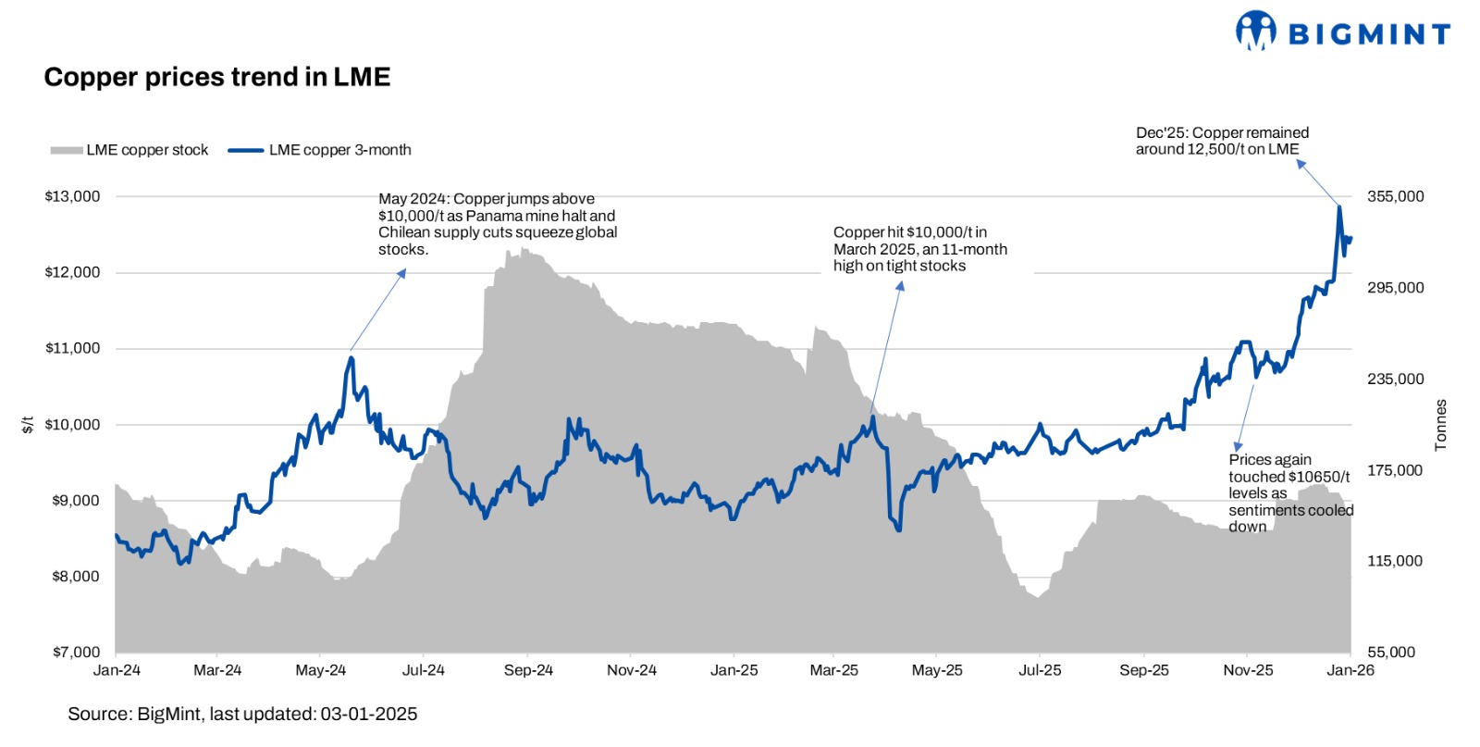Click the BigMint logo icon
[1255, 31]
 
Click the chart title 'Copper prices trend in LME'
[217, 77]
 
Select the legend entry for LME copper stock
[129, 150]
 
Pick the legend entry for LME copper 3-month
[320, 150]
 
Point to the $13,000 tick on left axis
[72, 196]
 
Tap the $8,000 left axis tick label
[75, 576]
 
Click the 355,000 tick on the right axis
[1395, 196]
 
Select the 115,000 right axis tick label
[1395, 561]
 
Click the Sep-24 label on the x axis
[528, 670]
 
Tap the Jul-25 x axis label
[1040, 670]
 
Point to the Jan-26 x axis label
[1350, 670]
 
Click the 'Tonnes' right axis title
[1440, 425]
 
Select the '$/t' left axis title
[28, 425]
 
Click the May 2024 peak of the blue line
[351, 358]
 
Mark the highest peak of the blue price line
[1338, 206]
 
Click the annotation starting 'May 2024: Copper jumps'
[498, 224]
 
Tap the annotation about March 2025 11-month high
[919, 249]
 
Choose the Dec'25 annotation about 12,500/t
[1221, 141]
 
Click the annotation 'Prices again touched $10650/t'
[1289, 492]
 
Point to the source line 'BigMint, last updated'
[242, 714]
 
